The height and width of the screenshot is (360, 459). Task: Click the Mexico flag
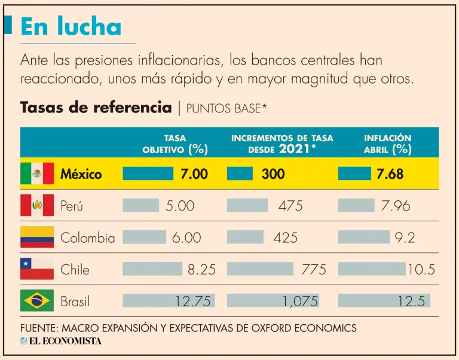click(37, 173)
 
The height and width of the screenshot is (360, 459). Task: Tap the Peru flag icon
click(37, 205)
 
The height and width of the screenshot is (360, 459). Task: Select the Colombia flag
click(37, 237)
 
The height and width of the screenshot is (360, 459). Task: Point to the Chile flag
click(37, 269)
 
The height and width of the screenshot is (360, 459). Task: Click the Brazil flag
click(37, 301)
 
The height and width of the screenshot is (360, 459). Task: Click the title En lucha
click(71, 26)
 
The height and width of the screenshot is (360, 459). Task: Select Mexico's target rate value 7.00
click(194, 174)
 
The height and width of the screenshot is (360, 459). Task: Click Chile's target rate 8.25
click(201, 270)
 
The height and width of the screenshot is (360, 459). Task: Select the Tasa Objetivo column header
click(175, 144)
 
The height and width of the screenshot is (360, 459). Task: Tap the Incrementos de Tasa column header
click(282, 144)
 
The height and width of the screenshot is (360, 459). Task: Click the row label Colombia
click(87, 237)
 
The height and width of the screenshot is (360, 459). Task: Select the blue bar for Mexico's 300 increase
click(240, 173)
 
